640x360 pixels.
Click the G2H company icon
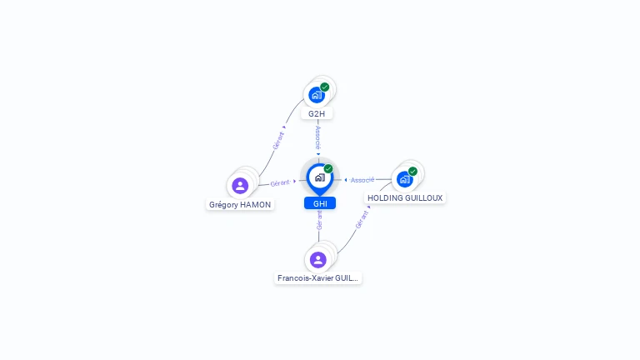click(316, 95)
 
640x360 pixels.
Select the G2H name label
click(317, 113)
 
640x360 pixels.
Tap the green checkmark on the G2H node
click(325, 87)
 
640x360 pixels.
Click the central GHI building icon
click(319, 177)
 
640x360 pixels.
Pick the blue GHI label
click(320, 203)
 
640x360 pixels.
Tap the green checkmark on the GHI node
click(328, 168)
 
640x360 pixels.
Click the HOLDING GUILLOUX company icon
click(405, 179)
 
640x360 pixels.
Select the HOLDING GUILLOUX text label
click(406, 197)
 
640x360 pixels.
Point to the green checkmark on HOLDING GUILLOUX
click(413, 171)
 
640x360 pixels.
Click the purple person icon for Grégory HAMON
click(240, 185)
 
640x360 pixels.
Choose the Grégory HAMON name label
click(240, 204)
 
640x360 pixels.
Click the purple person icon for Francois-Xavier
click(318, 259)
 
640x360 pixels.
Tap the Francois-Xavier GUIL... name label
click(318, 278)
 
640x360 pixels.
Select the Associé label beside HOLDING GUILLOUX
click(362, 180)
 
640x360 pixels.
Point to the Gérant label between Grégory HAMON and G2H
click(278, 140)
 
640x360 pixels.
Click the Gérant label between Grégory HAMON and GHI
click(280, 182)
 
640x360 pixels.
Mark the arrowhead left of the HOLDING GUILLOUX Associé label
click(346, 180)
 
